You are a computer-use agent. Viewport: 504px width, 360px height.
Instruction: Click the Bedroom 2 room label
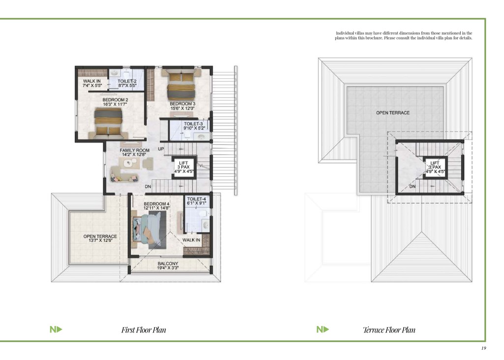click(115, 100)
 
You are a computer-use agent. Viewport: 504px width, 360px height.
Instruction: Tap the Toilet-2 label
click(127, 81)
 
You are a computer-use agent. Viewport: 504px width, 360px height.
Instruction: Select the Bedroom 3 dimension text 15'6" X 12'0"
click(183, 108)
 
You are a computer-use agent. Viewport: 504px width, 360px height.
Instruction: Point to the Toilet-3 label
click(193, 124)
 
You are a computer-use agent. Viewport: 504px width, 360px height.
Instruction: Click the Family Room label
click(134, 150)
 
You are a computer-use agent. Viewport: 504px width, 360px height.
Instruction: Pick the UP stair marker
click(161, 149)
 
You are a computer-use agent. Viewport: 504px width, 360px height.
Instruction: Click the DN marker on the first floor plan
click(148, 187)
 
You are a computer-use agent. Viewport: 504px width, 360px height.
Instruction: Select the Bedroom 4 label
click(157, 204)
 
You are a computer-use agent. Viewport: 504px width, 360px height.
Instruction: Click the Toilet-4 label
click(196, 199)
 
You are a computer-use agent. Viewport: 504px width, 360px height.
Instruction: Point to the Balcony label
click(168, 263)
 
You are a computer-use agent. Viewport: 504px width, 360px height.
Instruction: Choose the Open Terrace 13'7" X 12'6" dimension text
click(100, 240)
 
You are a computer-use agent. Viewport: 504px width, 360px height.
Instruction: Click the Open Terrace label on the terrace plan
click(393, 113)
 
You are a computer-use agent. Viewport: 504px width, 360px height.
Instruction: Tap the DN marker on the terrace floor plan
click(412, 187)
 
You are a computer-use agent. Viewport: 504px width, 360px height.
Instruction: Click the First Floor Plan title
click(144, 330)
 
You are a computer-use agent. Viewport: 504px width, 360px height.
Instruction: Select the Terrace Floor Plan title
click(389, 330)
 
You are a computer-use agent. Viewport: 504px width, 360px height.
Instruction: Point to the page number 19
click(484, 348)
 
